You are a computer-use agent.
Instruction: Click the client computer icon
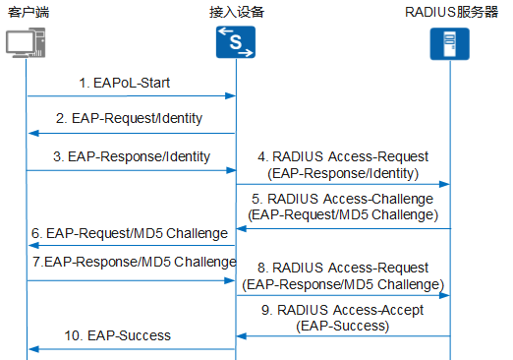click(x=27, y=44)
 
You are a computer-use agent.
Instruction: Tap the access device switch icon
click(x=236, y=43)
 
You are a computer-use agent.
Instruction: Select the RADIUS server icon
click(x=450, y=44)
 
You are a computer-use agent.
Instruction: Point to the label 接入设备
click(x=236, y=12)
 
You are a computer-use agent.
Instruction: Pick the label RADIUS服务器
click(x=451, y=12)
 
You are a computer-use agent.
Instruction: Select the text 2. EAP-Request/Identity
click(x=129, y=118)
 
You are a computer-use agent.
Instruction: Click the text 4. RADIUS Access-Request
click(x=342, y=155)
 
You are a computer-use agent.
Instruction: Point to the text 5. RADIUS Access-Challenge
click(x=342, y=198)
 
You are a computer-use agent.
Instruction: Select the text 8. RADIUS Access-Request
click(x=342, y=268)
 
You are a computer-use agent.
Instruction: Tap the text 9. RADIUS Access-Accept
click(x=342, y=311)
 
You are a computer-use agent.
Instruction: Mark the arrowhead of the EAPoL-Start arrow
click(x=231, y=96)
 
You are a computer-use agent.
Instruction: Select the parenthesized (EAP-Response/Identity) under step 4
click(x=342, y=173)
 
